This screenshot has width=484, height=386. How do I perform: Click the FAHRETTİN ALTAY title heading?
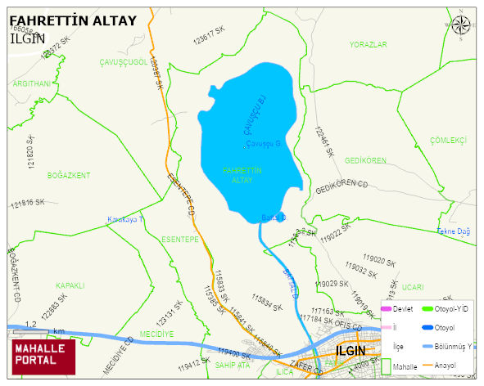coord(72,20)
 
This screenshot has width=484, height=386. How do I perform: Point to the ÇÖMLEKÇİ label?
coord(447,141)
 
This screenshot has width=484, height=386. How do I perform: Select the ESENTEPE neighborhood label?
coord(181,240)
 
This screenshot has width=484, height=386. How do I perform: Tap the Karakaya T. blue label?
coord(126,220)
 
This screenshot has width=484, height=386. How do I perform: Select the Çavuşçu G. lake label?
coord(264,144)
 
